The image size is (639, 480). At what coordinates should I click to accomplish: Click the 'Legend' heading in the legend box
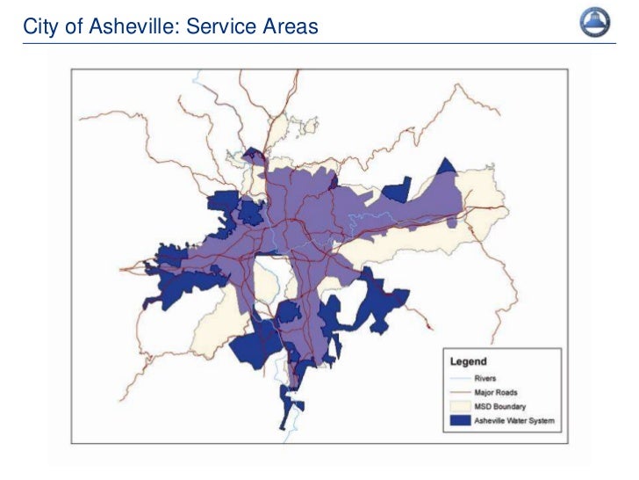[x=469, y=361]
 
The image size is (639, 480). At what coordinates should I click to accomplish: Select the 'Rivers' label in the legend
[x=485, y=378]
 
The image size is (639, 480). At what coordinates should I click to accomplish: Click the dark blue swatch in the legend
[x=459, y=421]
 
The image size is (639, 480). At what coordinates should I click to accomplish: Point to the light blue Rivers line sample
[x=459, y=378]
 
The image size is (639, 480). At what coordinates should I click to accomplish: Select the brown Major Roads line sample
[x=459, y=392]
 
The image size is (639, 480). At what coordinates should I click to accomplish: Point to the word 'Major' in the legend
[x=484, y=392]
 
